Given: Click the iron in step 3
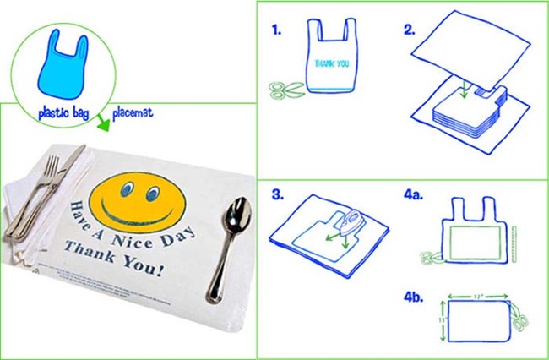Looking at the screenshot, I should click(x=351, y=221).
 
